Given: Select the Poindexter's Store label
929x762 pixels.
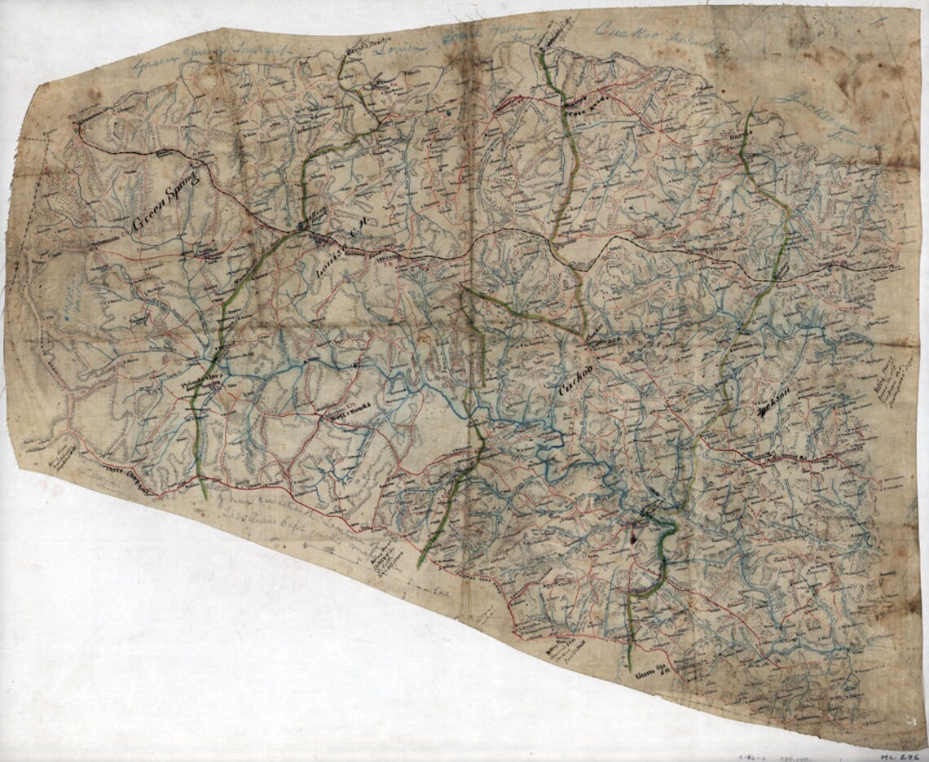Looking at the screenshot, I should click(x=195, y=383).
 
